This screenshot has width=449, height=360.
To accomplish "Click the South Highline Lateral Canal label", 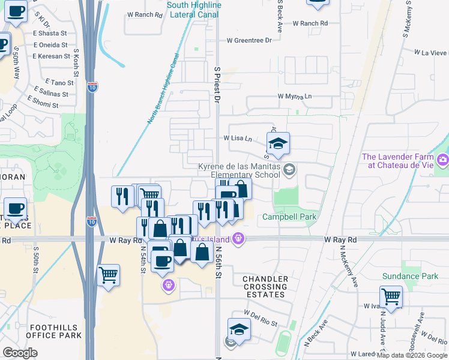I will (x=194, y=10).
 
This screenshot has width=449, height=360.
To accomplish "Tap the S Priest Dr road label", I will (x=217, y=85).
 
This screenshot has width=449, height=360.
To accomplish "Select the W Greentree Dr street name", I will (x=249, y=40).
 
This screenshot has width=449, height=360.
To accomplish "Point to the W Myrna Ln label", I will (x=294, y=96).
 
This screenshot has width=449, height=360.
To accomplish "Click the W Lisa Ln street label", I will (x=238, y=138).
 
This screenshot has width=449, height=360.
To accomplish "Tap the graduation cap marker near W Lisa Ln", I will (x=278, y=144).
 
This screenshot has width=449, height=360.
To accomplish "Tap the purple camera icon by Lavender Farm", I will (x=443, y=160).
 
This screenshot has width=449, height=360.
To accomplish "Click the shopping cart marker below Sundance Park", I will (x=391, y=296).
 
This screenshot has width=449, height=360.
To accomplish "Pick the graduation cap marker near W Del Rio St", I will (x=239, y=329).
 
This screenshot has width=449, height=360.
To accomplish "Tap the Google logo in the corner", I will (x=20, y=353).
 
